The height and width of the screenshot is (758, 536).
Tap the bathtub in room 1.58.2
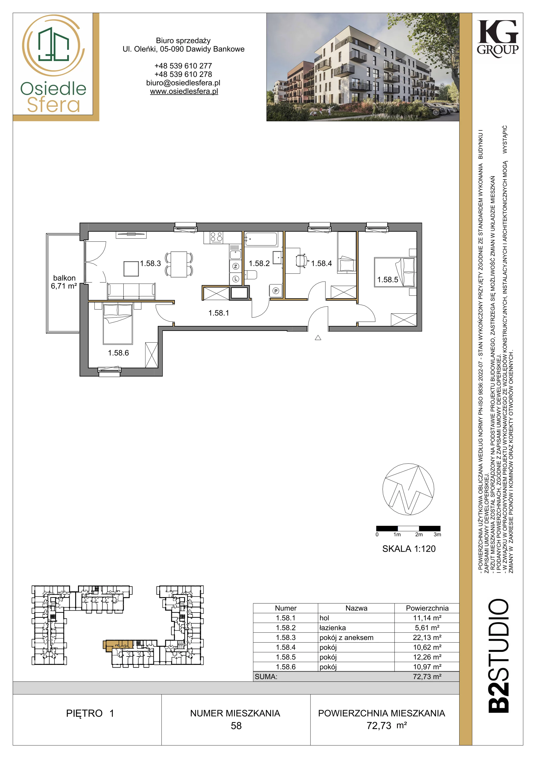(x=261, y=239)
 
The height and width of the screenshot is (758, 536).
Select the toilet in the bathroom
(x=251, y=275)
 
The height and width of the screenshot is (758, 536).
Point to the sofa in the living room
(x=131, y=291)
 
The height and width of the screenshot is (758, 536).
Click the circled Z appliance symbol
(x=236, y=266)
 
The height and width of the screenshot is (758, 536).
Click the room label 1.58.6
(x=118, y=353)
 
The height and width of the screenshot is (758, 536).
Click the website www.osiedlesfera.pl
(x=184, y=91)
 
